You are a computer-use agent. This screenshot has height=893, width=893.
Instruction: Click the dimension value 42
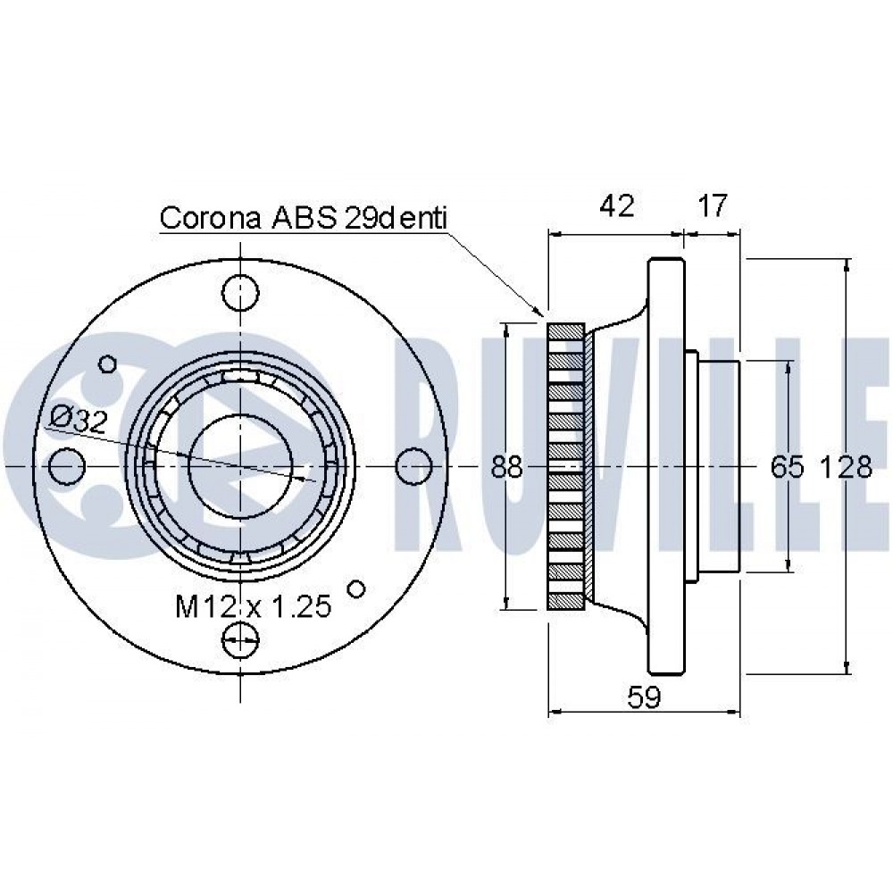point(617,205)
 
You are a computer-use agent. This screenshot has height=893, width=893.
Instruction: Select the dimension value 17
point(712,205)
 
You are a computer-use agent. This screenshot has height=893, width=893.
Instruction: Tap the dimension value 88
point(506,467)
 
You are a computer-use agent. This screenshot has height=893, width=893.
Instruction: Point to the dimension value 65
point(788,467)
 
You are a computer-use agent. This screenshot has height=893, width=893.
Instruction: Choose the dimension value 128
point(846,467)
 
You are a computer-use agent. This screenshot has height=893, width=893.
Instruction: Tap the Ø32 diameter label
point(79,420)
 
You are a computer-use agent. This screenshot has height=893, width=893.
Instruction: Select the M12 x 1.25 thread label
point(254,606)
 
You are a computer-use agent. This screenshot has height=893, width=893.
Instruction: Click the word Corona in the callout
point(210,218)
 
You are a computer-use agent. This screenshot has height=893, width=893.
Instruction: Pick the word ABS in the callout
point(304,218)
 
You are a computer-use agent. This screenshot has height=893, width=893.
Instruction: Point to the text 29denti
point(396,218)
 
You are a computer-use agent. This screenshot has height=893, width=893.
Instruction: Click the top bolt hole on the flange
point(241,293)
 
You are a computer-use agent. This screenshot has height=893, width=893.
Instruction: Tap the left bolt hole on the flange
point(67,466)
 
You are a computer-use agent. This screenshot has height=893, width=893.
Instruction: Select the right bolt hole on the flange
point(413,466)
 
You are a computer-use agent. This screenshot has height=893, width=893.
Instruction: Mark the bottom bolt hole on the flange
point(241,640)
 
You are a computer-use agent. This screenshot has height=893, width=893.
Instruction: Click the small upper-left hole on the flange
point(108,363)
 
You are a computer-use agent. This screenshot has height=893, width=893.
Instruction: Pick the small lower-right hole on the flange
point(356,588)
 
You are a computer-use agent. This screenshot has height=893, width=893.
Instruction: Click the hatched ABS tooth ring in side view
point(565,466)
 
